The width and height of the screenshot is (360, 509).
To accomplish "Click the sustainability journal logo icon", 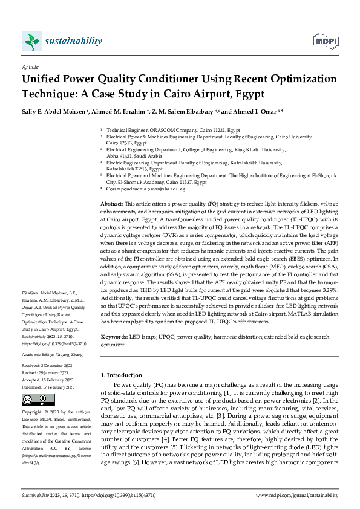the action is pyautogui.click(x=31, y=41).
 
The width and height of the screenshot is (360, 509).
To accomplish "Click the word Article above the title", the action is pyautogui.click(x=30, y=66).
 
